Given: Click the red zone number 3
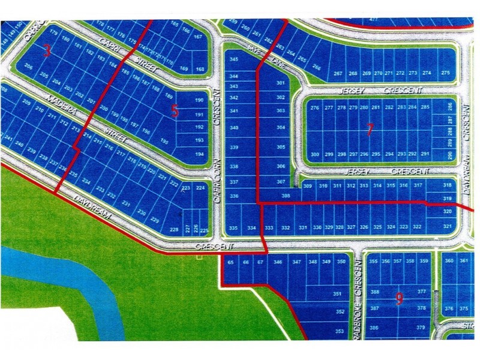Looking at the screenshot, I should tap(47, 51).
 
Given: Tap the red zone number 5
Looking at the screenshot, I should tap(175, 110).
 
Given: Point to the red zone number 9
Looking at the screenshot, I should tap(399, 298).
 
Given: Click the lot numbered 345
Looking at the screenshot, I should tap(234, 60).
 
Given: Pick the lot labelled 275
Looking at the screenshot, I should tap(445, 73).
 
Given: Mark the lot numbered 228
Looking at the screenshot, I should tap(174, 229).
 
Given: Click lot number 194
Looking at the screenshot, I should tap(200, 153).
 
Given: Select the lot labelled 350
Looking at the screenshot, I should tap(341, 262).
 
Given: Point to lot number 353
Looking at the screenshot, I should tap(340, 331).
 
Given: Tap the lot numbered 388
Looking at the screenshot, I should tap(375, 292).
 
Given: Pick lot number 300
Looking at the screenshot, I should tap(315, 154).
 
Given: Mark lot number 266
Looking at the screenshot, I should tap(317, 68).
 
